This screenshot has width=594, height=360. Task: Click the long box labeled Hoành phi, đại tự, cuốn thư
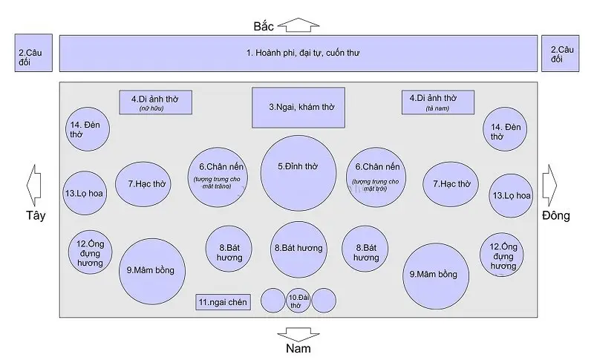coord(298,53)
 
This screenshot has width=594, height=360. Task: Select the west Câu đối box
coord(33,53)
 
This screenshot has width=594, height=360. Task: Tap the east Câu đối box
coord(561,53)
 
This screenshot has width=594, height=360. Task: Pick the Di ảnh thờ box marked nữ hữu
coord(156,102)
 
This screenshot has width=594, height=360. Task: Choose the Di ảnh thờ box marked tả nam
coord(437,102)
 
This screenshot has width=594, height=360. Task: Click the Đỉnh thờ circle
coord(298,173)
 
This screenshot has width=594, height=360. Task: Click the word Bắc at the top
coord(264,27)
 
